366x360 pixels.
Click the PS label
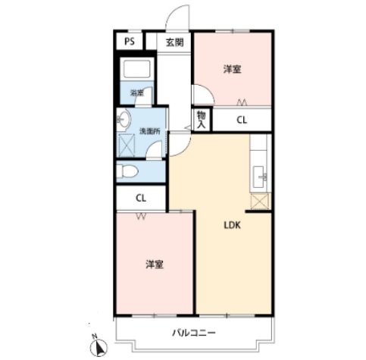(130, 41)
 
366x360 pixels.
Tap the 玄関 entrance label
(174, 42)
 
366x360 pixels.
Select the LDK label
(233, 225)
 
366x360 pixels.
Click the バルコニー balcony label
(194, 333)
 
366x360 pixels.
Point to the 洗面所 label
(150, 131)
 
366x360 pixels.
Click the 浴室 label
(137, 93)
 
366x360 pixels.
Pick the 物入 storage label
(202, 120)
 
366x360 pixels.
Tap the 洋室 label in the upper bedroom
(233, 69)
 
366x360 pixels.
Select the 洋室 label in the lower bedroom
(155, 265)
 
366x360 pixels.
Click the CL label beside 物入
(242, 120)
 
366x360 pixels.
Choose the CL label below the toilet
(141, 199)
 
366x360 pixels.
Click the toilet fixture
(127, 171)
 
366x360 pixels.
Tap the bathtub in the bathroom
(137, 69)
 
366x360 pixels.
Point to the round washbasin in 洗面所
(124, 119)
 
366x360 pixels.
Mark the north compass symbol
(99, 346)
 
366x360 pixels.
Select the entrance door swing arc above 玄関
(177, 16)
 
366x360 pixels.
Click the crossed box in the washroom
(127, 146)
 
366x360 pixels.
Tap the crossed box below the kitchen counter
(259, 202)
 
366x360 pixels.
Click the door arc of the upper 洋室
(203, 94)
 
